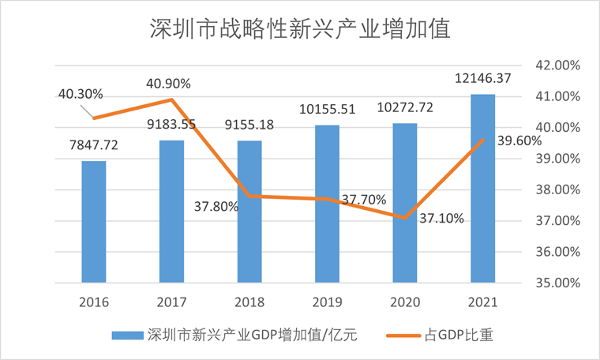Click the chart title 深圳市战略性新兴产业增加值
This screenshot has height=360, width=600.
299,29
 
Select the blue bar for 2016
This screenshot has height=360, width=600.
94,222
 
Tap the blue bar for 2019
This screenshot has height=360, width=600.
328,204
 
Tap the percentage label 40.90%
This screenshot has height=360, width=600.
167,84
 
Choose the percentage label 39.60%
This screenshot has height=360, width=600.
519,141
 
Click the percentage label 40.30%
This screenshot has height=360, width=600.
81,94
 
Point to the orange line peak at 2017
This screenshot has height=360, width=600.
171,99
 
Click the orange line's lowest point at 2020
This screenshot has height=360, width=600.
405,217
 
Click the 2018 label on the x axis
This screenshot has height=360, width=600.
249,302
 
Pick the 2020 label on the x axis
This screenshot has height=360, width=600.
405,302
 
